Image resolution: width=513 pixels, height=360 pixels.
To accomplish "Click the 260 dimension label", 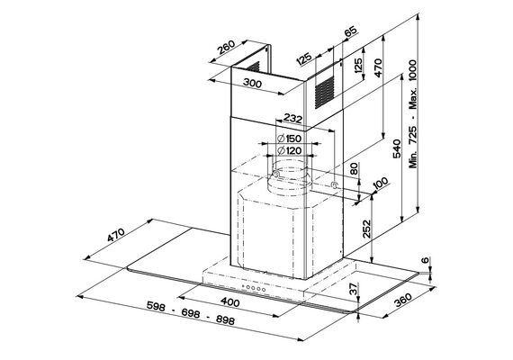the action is click(227, 47).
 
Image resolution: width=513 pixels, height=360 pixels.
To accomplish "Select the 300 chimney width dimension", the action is click(253, 84).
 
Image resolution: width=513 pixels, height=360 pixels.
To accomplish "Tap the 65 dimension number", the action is click(350, 31).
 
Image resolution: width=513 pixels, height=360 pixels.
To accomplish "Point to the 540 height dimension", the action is click(396, 148).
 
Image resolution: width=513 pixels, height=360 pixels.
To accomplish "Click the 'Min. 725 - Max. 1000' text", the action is click(413, 114).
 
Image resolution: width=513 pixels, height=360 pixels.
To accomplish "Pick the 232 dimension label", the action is click(292, 118).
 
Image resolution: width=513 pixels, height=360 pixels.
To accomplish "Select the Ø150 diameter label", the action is click(289, 139).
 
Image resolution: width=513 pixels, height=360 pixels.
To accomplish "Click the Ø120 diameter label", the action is click(289, 150).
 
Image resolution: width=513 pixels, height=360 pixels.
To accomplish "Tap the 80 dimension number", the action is click(354, 168).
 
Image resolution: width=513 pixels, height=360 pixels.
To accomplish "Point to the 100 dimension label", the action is click(380, 183).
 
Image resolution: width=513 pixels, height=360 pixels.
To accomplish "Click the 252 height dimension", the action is click(367, 229).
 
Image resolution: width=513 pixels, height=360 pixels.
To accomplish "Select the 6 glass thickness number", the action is click(425, 260).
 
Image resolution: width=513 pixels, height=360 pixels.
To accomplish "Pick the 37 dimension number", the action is click(354, 289).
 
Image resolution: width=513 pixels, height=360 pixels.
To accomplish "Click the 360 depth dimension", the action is click(402, 300).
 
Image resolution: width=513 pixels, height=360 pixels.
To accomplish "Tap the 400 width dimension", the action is click(229, 301).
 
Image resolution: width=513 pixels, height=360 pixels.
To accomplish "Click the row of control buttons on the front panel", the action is click(254, 288).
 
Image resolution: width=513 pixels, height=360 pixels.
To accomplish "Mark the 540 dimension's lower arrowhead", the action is click(401, 220).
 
